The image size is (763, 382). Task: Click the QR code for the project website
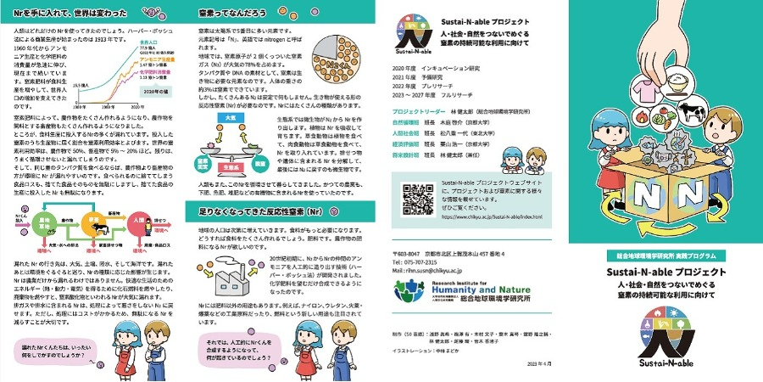click(x=417, y=197)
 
